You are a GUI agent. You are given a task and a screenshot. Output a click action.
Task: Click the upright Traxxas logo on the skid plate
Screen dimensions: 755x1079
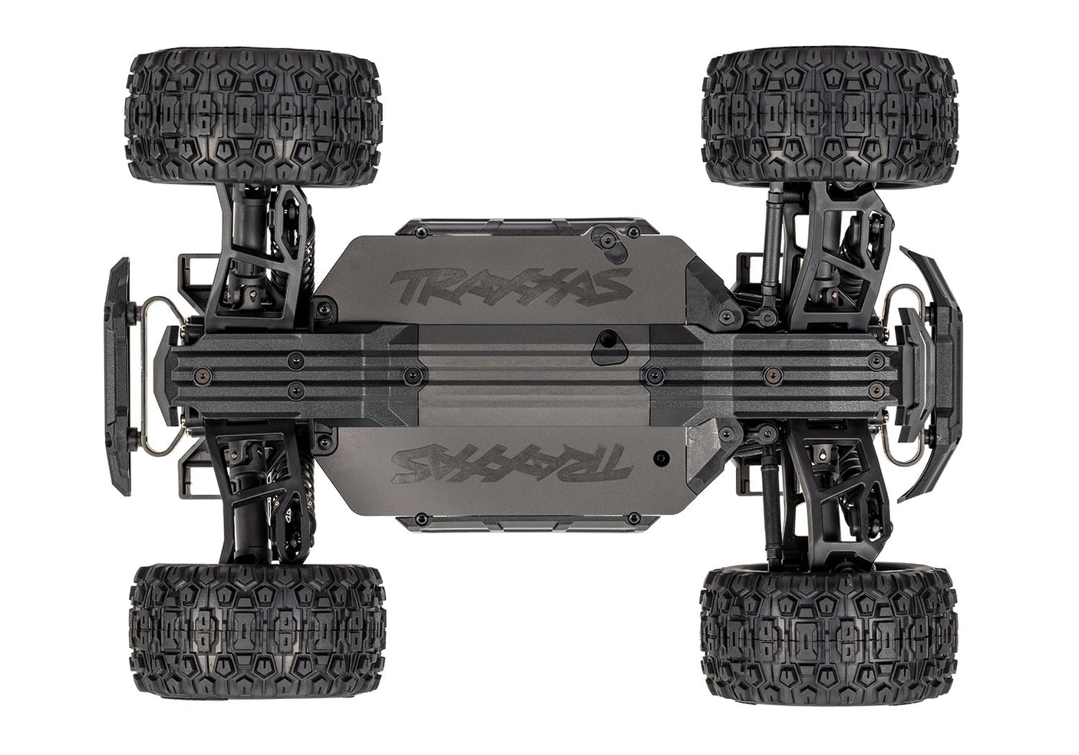point(510,286)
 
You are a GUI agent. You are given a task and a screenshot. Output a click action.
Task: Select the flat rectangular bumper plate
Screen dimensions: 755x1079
point(118,376)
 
